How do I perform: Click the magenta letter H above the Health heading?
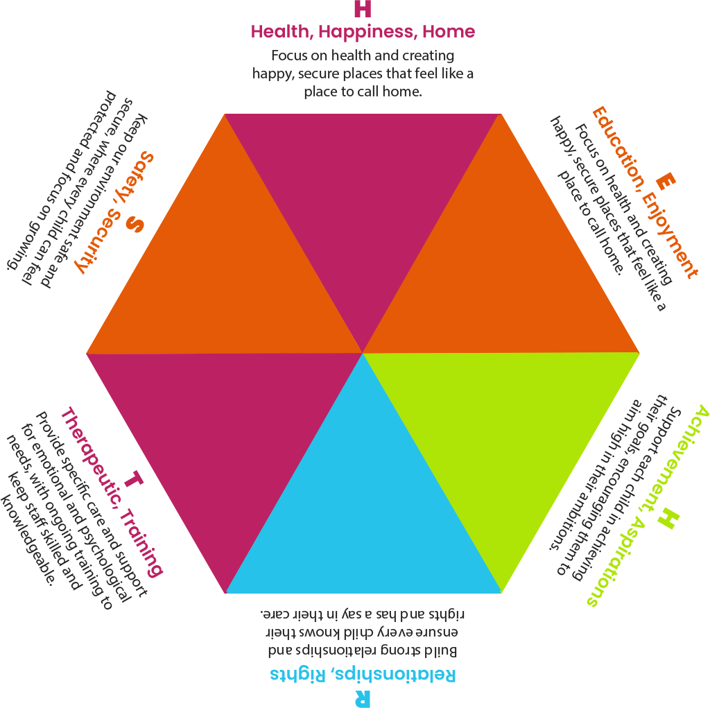pos(362,10)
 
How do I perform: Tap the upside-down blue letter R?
pos(361,698)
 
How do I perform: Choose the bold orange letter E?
pos(664,182)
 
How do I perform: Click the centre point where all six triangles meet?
pos(363,353)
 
